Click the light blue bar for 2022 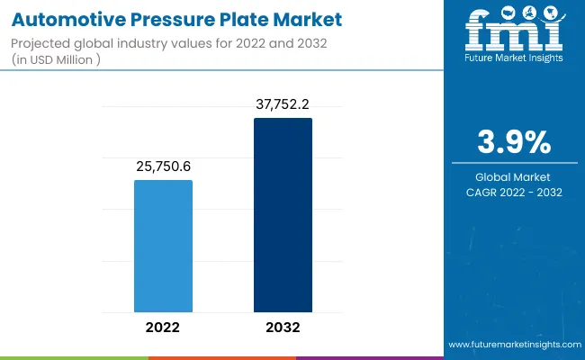(163, 246)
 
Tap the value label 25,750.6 (163, 166)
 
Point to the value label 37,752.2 (283, 103)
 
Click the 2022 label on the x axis (163, 327)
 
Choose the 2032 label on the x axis (283, 327)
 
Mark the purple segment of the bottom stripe (369, 357)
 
